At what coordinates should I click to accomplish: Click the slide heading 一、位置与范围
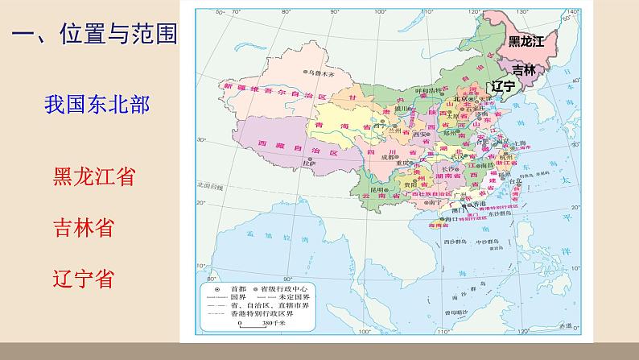tap(93, 35)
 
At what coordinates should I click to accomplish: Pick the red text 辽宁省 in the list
tap(82, 279)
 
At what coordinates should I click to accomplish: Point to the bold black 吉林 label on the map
tap(523, 70)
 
